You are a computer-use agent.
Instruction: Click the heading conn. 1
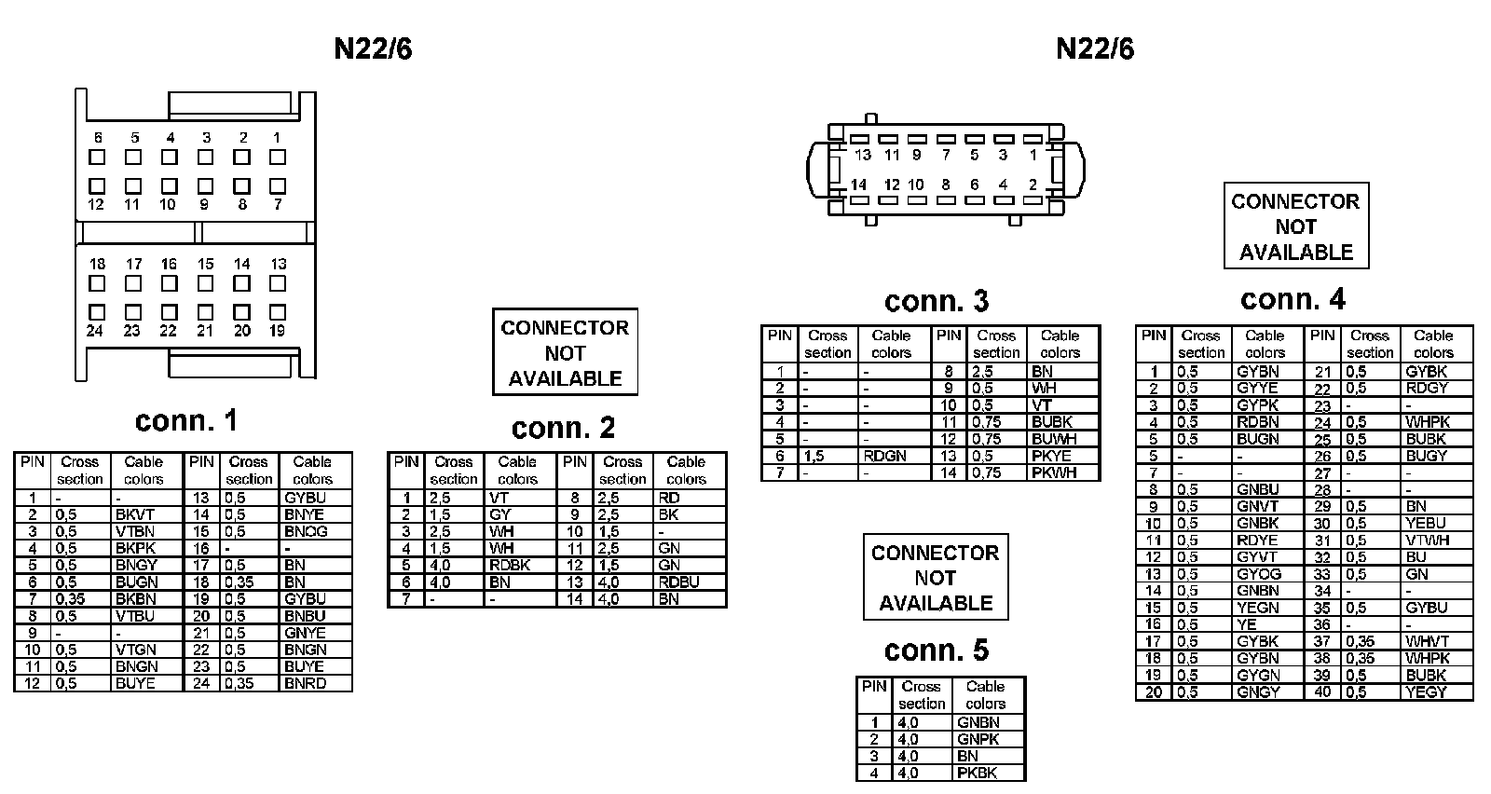[x=186, y=421]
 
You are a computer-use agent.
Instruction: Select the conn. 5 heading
[x=936, y=650]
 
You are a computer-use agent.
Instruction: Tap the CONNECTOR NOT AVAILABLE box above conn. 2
[x=565, y=353]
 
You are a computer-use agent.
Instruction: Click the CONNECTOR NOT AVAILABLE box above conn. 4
[x=1295, y=226]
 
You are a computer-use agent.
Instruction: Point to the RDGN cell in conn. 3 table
[x=884, y=456]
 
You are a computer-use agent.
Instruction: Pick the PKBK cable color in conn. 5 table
[x=977, y=773]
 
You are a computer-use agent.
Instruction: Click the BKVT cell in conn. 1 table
[x=135, y=514]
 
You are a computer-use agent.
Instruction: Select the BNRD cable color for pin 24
[x=306, y=683]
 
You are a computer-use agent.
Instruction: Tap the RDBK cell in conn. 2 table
[x=509, y=565]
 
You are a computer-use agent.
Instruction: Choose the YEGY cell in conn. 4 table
[x=1426, y=691]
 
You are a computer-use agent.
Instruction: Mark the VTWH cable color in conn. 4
[x=1428, y=540]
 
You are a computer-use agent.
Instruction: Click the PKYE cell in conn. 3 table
[x=1052, y=456]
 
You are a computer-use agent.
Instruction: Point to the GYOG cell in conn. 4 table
[x=1258, y=574]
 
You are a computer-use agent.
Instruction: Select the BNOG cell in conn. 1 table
[x=306, y=531]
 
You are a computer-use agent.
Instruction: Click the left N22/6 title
[x=373, y=49]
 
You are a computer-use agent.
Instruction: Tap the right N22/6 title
[x=1095, y=49]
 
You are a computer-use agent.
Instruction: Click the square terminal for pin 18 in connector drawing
[x=97, y=283]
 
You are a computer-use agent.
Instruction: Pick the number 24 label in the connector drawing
[x=95, y=330]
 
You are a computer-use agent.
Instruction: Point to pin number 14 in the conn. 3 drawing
[x=858, y=185]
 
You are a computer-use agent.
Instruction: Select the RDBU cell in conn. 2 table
[x=678, y=582]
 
